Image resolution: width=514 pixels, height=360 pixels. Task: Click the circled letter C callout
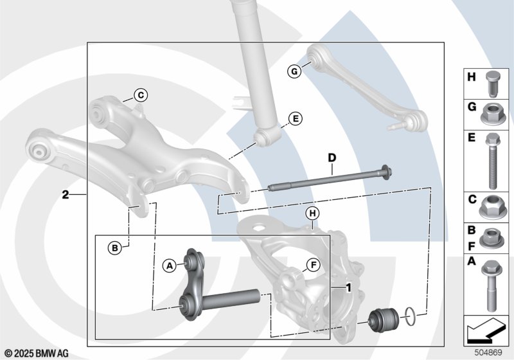[x=141, y=95]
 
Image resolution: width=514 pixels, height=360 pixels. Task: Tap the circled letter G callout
[x=294, y=71]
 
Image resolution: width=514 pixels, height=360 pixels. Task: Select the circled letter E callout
[x=296, y=118]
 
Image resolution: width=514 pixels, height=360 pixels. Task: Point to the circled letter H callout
[x=312, y=213]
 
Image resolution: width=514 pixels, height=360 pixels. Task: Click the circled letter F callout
[x=313, y=265]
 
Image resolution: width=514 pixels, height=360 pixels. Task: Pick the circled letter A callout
[x=170, y=265]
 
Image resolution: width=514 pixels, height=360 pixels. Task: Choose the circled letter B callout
[x=115, y=248]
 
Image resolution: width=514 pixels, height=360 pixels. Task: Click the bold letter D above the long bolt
[x=332, y=158]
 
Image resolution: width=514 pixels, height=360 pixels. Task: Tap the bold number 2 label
[x=66, y=195]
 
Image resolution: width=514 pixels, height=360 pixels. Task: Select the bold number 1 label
[x=348, y=287]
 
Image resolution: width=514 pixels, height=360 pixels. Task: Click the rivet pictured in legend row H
[x=492, y=84]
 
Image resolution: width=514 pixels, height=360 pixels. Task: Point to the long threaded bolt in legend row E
[x=492, y=161]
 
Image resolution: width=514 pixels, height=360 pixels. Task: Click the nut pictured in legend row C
[x=491, y=207]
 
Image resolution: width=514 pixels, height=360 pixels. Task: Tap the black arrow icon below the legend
[x=485, y=330]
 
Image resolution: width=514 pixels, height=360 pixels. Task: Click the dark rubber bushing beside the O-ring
[x=384, y=320]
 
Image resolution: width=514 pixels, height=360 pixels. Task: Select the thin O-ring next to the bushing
[x=411, y=316]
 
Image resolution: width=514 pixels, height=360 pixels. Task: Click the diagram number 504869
[x=488, y=352]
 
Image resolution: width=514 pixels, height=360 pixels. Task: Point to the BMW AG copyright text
[x=37, y=354]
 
